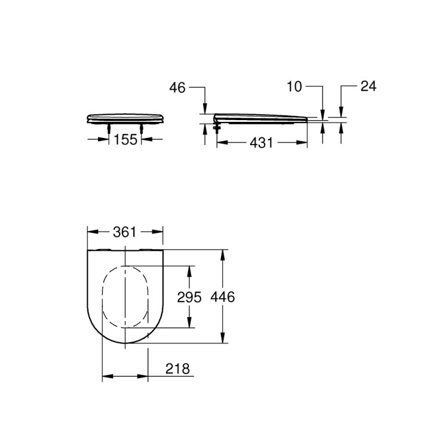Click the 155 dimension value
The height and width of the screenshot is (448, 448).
125,139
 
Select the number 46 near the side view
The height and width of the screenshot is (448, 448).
177,87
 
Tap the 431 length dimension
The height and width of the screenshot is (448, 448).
261,143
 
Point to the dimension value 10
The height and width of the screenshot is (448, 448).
294,87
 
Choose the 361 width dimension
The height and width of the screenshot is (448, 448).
125,232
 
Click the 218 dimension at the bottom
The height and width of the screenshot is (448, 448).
177,369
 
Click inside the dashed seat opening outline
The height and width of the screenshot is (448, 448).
125,297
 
